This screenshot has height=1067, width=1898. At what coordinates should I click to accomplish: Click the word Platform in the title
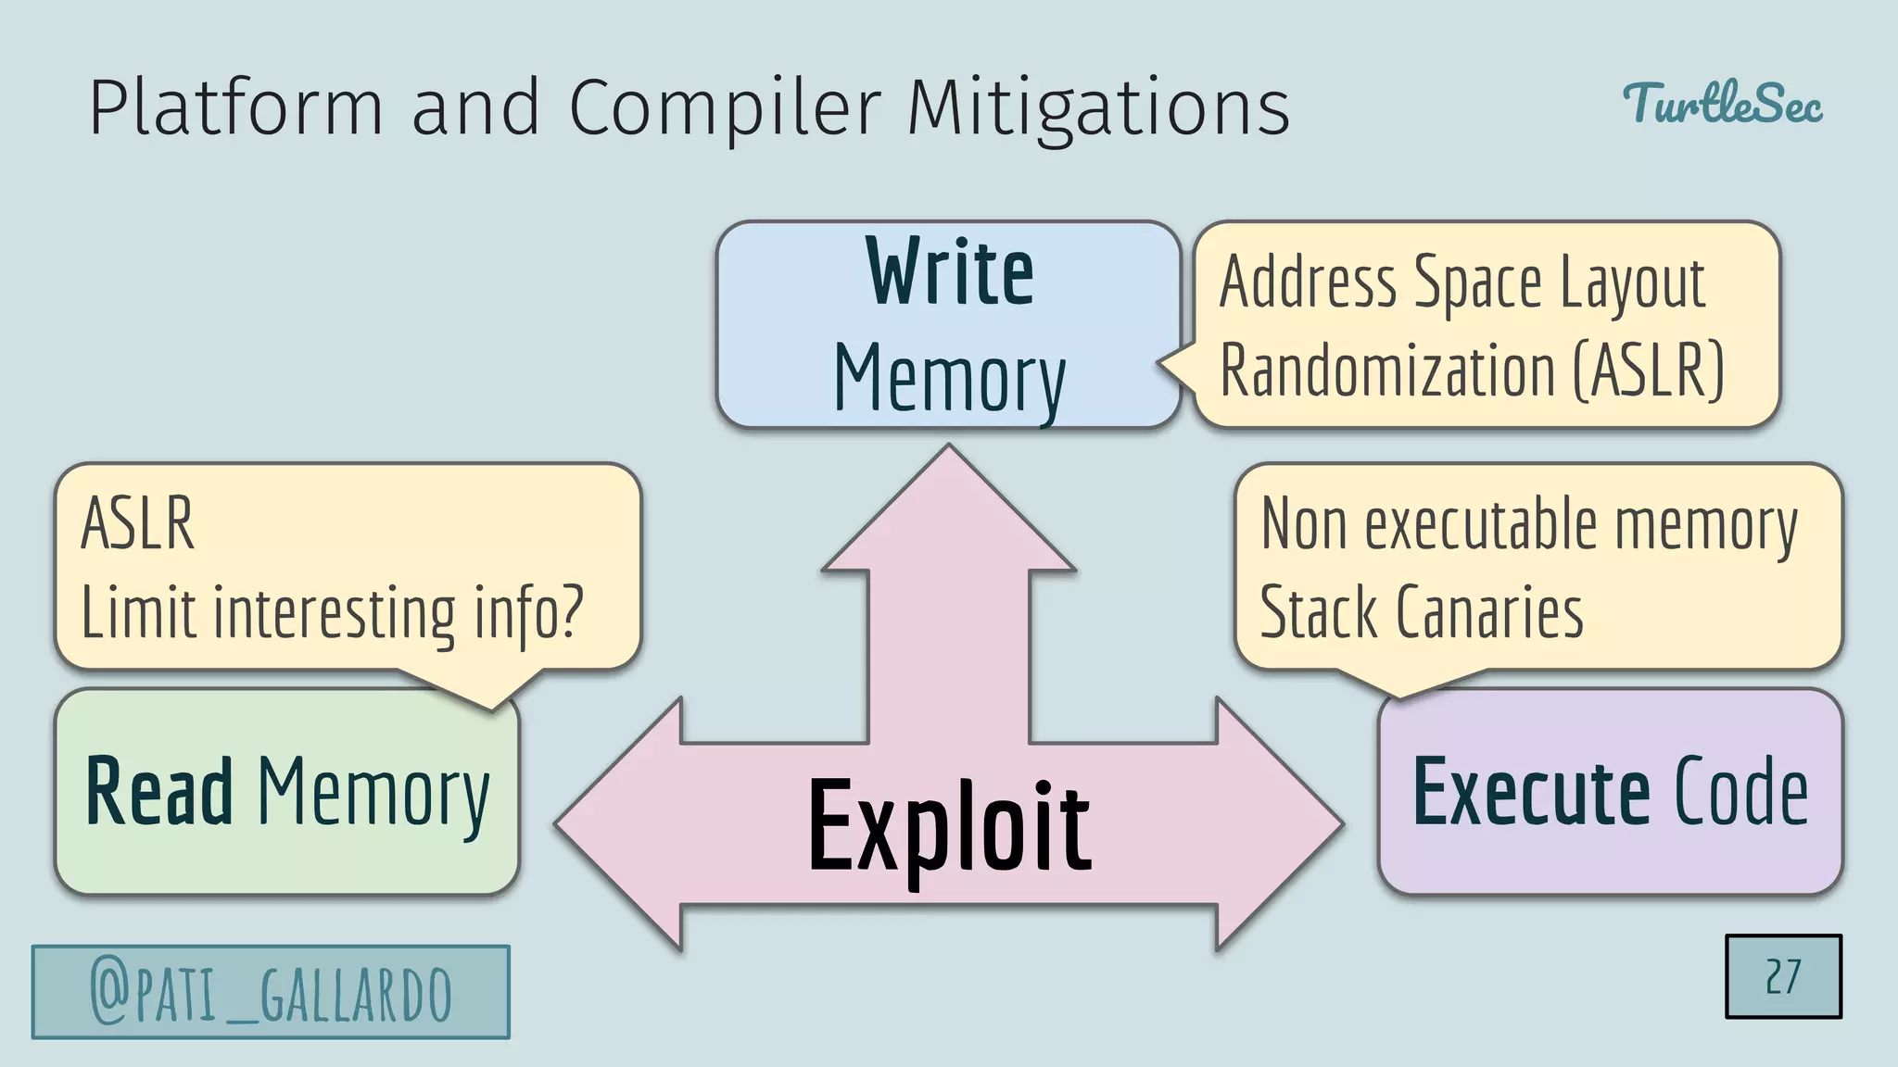pos(235,108)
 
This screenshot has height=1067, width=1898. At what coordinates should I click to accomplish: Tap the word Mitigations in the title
pos(1098,108)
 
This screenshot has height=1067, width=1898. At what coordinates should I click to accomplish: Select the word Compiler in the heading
pos(723,108)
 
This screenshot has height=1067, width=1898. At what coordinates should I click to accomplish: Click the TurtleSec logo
pos(1722,103)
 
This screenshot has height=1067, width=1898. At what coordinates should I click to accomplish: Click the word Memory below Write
pos(949,377)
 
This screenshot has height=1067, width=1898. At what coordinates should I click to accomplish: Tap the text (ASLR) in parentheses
pos(1649,370)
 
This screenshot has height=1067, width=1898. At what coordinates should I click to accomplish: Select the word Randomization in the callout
pos(1387,370)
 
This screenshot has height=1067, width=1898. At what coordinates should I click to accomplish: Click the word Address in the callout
pos(1308,282)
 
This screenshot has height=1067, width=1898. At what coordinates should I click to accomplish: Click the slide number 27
pos(1782,976)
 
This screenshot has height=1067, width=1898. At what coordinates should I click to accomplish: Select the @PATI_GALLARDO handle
pos(271,992)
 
